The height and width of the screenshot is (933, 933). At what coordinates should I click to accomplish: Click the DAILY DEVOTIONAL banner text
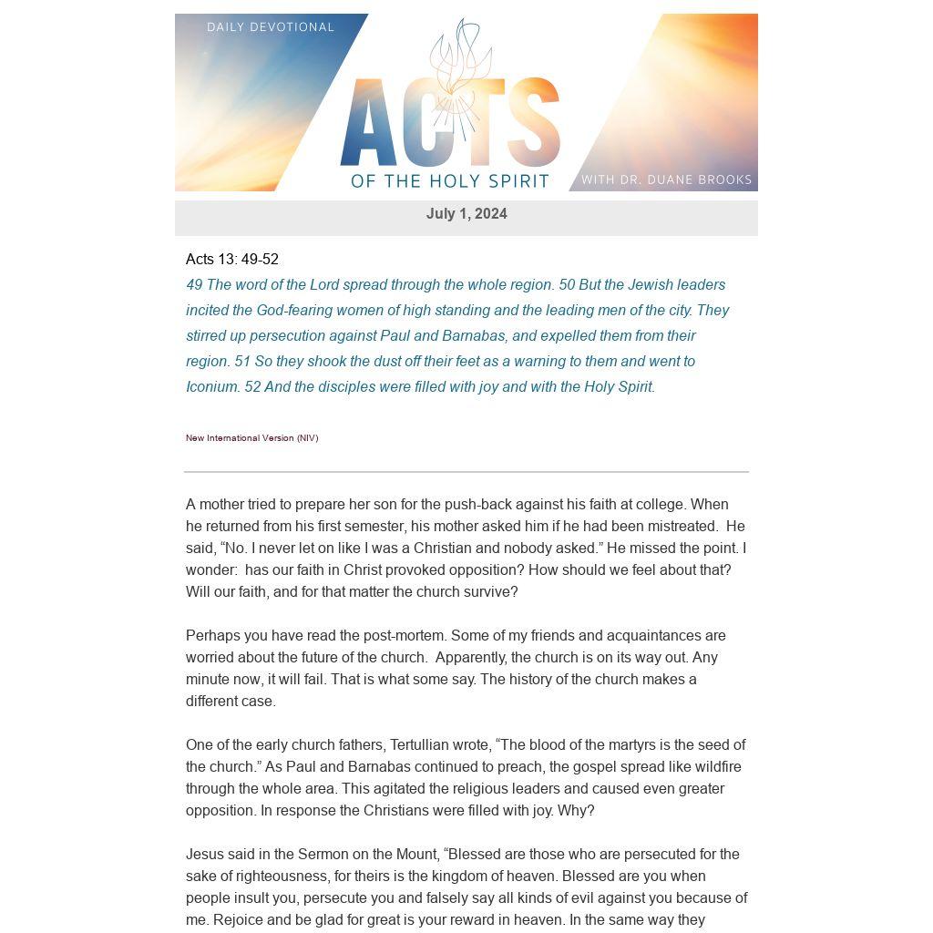coord(271,27)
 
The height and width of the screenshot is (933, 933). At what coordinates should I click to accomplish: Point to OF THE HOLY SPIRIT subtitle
coord(450,180)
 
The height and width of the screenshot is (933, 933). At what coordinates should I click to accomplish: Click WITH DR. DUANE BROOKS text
coord(666,179)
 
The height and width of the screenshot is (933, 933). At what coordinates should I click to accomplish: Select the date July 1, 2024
coord(466,214)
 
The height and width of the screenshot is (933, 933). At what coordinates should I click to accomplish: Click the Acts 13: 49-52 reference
coord(232,260)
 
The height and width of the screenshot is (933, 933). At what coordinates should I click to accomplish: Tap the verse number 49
coord(194,285)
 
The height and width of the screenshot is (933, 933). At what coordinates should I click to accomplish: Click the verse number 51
coord(242,362)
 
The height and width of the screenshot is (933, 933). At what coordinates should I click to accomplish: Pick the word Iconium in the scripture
coord(212,387)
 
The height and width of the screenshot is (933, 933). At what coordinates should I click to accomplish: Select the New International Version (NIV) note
coord(252,438)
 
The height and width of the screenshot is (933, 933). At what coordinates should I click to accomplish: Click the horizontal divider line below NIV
coord(466,472)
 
